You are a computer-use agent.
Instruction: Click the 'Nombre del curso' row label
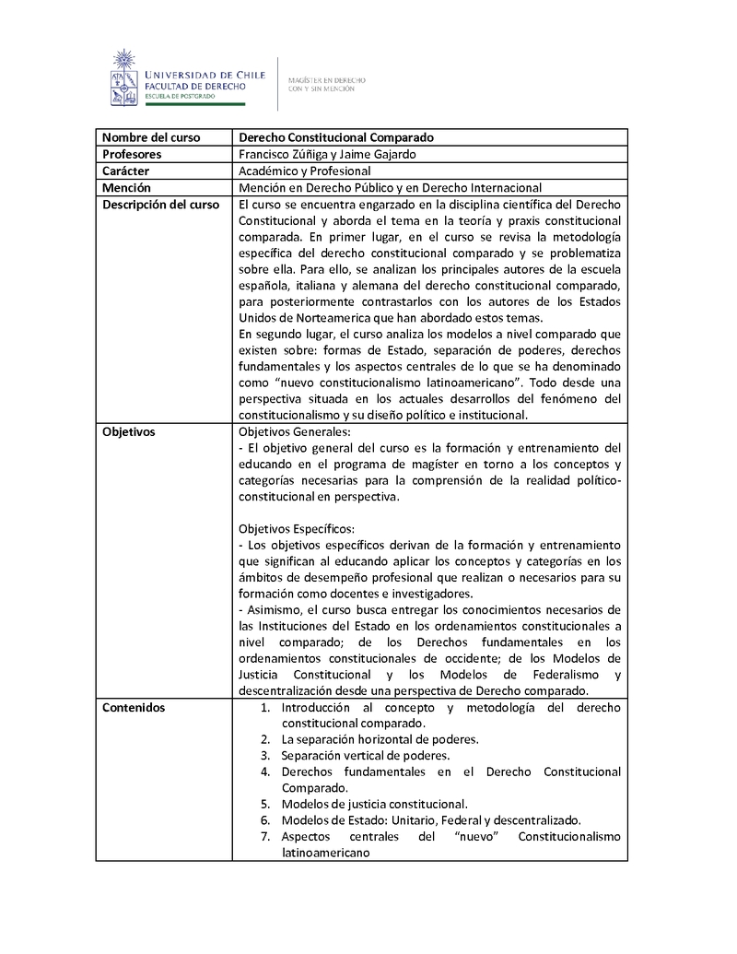click(x=150, y=137)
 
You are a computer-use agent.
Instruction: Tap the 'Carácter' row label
click(x=126, y=171)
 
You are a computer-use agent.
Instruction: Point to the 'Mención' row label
click(x=126, y=187)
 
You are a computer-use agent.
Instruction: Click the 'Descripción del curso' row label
click(x=160, y=204)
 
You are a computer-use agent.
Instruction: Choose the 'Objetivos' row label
click(x=129, y=430)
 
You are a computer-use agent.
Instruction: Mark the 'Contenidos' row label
click(x=134, y=707)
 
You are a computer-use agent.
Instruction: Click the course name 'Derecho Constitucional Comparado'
click(x=336, y=137)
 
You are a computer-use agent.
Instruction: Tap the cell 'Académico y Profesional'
click(x=304, y=171)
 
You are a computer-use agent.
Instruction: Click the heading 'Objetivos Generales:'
click(x=294, y=430)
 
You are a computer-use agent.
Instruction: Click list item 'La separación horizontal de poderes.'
click(x=380, y=739)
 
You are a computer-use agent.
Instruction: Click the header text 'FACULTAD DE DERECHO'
click(x=193, y=85)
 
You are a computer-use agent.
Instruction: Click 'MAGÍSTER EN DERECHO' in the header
click(x=327, y=80)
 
